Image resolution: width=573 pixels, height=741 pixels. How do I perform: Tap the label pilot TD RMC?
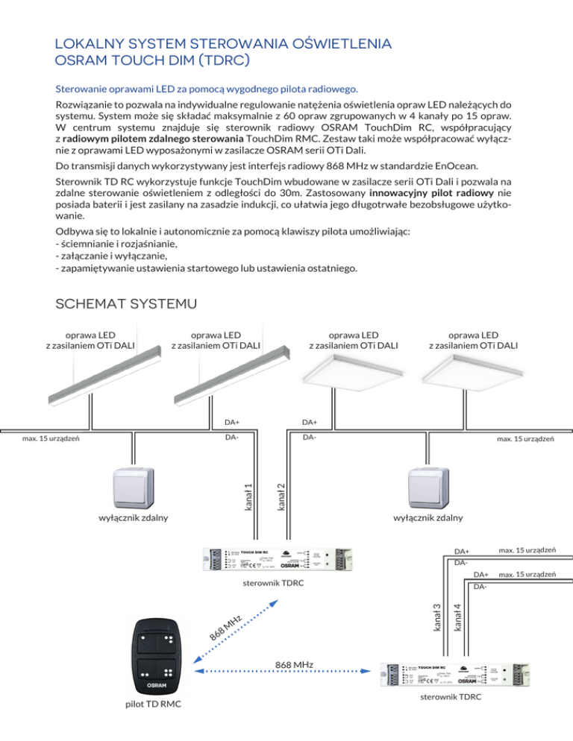156,725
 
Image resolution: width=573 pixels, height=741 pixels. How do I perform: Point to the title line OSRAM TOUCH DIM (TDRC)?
152,59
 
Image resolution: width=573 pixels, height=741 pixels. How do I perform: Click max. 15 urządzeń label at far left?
51,438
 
